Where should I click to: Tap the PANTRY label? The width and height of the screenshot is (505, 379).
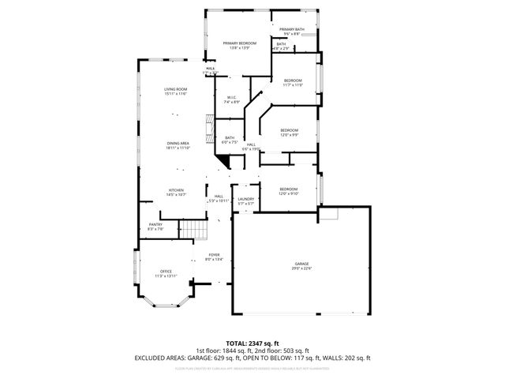pos(156,227)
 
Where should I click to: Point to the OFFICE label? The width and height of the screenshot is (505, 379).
pos(166,273)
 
